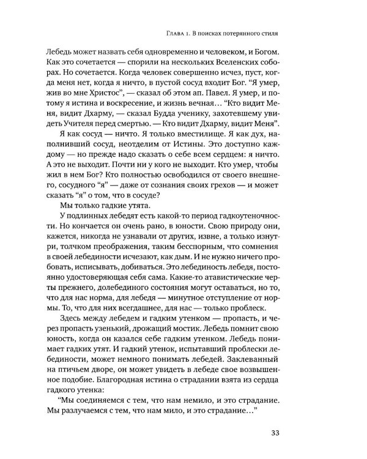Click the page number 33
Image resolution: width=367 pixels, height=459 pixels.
(x=326, y=435)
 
